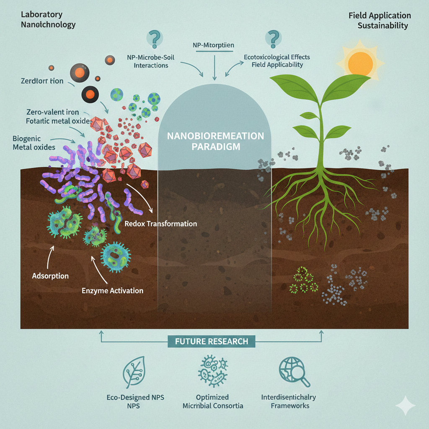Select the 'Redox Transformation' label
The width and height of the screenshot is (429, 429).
point(161,224)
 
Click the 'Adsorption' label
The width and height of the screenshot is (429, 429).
point(50,276)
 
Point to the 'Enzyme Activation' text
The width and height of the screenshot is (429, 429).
point(113,290)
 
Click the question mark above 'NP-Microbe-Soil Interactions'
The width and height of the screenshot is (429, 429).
point(153,39)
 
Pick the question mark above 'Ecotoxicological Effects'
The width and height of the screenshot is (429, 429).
point(272,39)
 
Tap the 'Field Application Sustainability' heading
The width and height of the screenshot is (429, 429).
point(379,21)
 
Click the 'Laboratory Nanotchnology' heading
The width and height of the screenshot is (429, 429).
point(48,20)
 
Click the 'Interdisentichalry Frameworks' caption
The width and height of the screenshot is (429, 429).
point(289,401)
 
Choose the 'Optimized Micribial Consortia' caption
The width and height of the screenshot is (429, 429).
point(212,401)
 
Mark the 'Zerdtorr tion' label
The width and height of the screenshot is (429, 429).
point(42,81)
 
